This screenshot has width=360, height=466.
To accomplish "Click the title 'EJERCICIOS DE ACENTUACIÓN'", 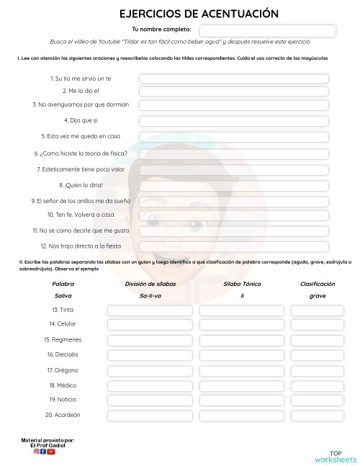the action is [189, 14].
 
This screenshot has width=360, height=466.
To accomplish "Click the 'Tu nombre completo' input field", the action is [267, 30].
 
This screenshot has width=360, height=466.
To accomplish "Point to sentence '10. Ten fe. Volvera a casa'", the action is [81, 215].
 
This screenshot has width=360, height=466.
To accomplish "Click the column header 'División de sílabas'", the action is [150, 284].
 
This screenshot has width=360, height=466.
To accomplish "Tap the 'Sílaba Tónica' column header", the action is [242, 284].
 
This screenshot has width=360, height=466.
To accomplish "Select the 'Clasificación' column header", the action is [318, 284].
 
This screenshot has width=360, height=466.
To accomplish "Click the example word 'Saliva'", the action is [63, 296].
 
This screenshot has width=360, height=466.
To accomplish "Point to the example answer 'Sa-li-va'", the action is [150, 296].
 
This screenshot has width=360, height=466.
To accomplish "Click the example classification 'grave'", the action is [318, 296].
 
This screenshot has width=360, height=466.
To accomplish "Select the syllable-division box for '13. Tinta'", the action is [150, 310].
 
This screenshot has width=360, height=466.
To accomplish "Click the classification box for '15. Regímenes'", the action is [318, 340].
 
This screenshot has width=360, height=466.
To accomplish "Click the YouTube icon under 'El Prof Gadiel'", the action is [51, 452].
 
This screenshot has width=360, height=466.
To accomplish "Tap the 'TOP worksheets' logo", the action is [335, 456].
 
